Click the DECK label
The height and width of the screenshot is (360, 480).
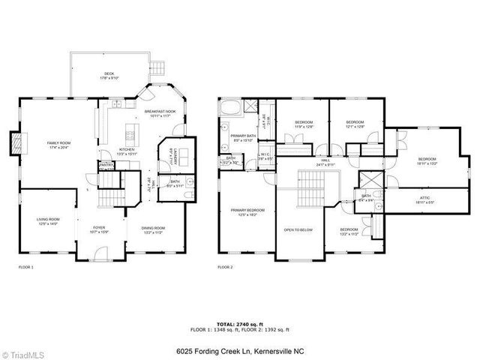click(x=109, y=73)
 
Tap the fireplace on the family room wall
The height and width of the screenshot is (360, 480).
click(x=15, y=143)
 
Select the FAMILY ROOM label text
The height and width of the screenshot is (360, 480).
click(x=58, y=142)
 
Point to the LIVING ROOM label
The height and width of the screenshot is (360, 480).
click(x=48, y=219)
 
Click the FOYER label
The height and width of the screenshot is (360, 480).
click(x=99, y=227)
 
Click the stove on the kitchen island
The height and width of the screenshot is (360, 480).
click(x=132, y=136)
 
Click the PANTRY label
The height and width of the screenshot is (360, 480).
click(x=106, y=164)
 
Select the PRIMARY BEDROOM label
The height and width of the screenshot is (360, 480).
click(x=246, y=210)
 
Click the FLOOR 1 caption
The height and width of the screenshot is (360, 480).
click(x=25, y=267)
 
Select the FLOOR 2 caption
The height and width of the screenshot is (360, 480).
click(x=225, y=267)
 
